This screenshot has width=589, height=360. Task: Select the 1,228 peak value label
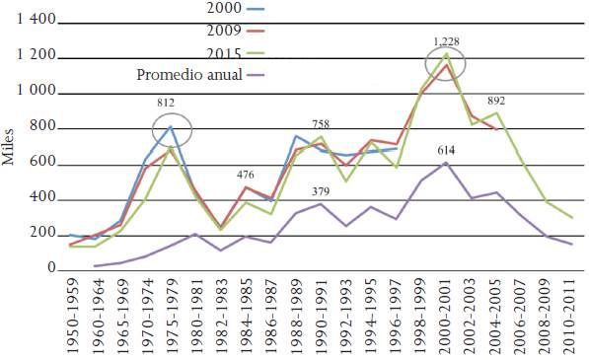446,41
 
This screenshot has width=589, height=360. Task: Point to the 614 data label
447,149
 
